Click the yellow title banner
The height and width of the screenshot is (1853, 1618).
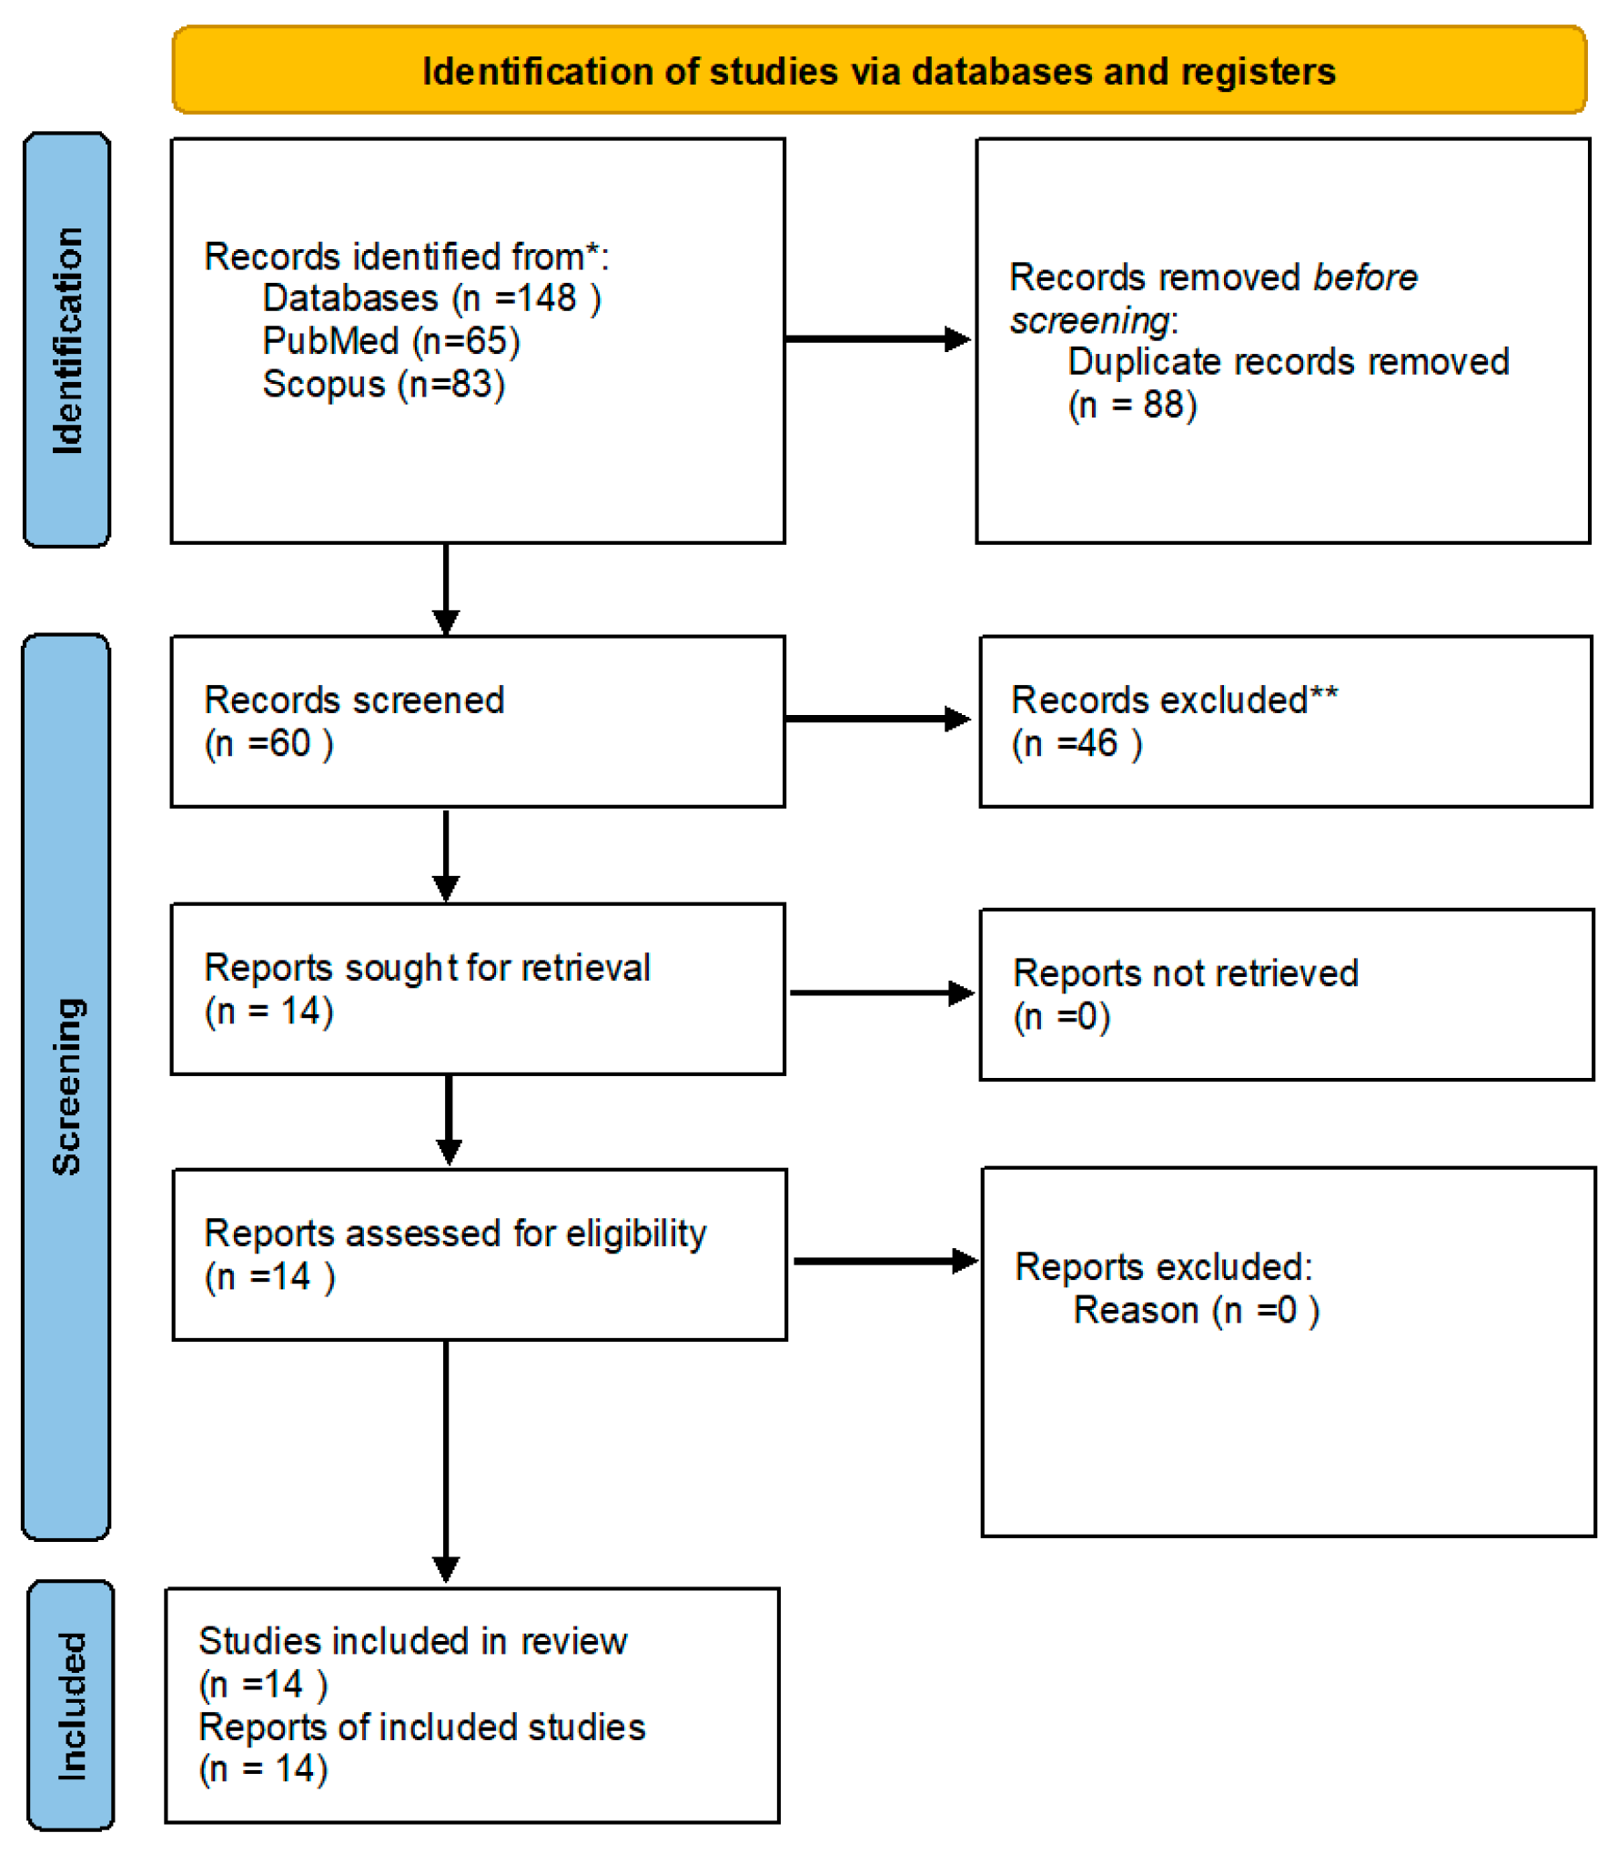[878, 71]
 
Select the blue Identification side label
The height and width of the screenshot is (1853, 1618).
[67, 339]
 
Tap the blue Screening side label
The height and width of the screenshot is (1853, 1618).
[66, 1086]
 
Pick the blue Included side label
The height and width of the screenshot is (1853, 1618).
[71, 1706]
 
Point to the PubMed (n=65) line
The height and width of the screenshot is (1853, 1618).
[391, 341]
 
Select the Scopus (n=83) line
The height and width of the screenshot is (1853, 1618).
[383, 384]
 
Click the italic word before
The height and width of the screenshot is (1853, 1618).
[1364, 277]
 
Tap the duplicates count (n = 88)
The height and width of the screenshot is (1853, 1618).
[1132, 405]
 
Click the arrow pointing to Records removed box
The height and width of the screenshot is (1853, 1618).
[878, 339]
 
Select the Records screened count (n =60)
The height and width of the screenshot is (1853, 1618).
[269, 743]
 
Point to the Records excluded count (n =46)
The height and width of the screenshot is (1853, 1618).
[1077, 743]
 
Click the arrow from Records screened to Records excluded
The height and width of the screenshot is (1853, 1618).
[878, 719]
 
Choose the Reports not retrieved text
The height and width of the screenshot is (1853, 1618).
[1185, 973]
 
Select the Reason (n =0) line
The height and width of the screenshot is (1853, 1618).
[1196, 1311]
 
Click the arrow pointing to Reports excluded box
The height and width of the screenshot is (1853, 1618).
[885, 1261]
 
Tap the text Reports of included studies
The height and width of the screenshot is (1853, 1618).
[422, 1727]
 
